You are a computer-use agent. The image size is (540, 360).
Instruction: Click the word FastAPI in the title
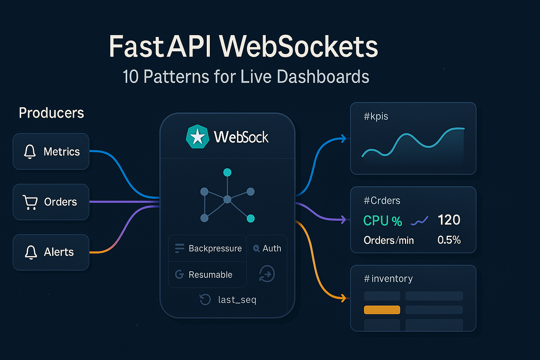(160, 47)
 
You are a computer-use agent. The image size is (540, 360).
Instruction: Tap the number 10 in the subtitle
(130, 77)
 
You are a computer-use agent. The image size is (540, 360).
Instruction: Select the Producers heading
(51, 113)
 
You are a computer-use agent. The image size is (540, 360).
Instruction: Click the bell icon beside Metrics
(30, 152)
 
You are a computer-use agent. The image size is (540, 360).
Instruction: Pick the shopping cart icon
(30, 202)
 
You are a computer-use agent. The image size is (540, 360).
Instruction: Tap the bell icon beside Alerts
(31, 252)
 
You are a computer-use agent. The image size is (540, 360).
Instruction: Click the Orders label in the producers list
(61, 202)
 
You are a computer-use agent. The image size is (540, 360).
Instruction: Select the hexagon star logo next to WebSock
(197, 137)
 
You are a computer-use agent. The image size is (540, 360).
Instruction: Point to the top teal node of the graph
(228, 172)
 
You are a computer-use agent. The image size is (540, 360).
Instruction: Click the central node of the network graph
(227, 199)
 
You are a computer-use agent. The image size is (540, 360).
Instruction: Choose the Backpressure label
(215, 248)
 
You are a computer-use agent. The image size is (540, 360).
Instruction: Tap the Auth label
(272, 248)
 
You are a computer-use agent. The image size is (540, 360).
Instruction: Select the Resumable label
(210, 275)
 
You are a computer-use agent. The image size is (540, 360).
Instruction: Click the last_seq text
(237, 300)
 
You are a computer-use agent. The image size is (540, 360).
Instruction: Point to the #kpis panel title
(376, 117)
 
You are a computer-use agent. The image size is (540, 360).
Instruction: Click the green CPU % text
(382, 221)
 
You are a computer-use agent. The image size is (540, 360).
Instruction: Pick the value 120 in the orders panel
(449, 220)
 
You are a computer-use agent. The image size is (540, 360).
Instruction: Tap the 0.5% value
(449, 240)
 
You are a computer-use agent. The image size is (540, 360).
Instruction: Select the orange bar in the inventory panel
(382, 310)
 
